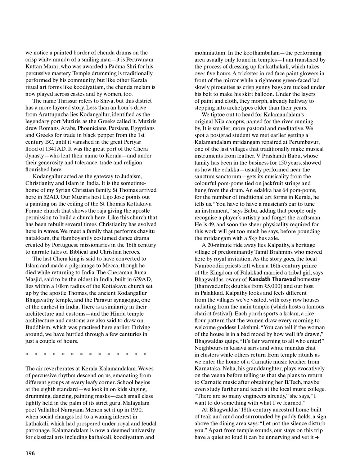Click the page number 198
[x=30, y=453]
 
